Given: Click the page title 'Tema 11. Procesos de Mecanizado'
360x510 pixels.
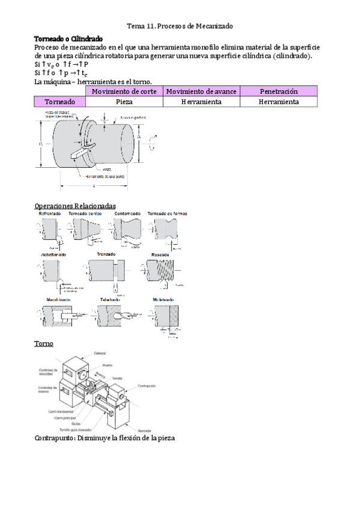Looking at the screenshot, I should pyautogui.click(x=180, y=26).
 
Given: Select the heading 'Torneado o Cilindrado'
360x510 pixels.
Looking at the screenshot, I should pyautogui.click(x=69, y=38).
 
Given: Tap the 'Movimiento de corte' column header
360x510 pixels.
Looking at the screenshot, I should pyautogui.click(x=124, y=91).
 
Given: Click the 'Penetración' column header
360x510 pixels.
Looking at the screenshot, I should pyautogui.click(x=278, y=91).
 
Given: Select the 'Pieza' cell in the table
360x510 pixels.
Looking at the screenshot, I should pyautogui.click(x=124, y=102).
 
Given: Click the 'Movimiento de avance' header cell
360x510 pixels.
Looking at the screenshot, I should pyautogui.click(x=201, y=91).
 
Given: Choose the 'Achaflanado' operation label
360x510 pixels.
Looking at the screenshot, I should pyautogui.click(x=53, y=255).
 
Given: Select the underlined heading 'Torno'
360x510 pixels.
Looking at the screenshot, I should pyautogui.click(x=44, y=343).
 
